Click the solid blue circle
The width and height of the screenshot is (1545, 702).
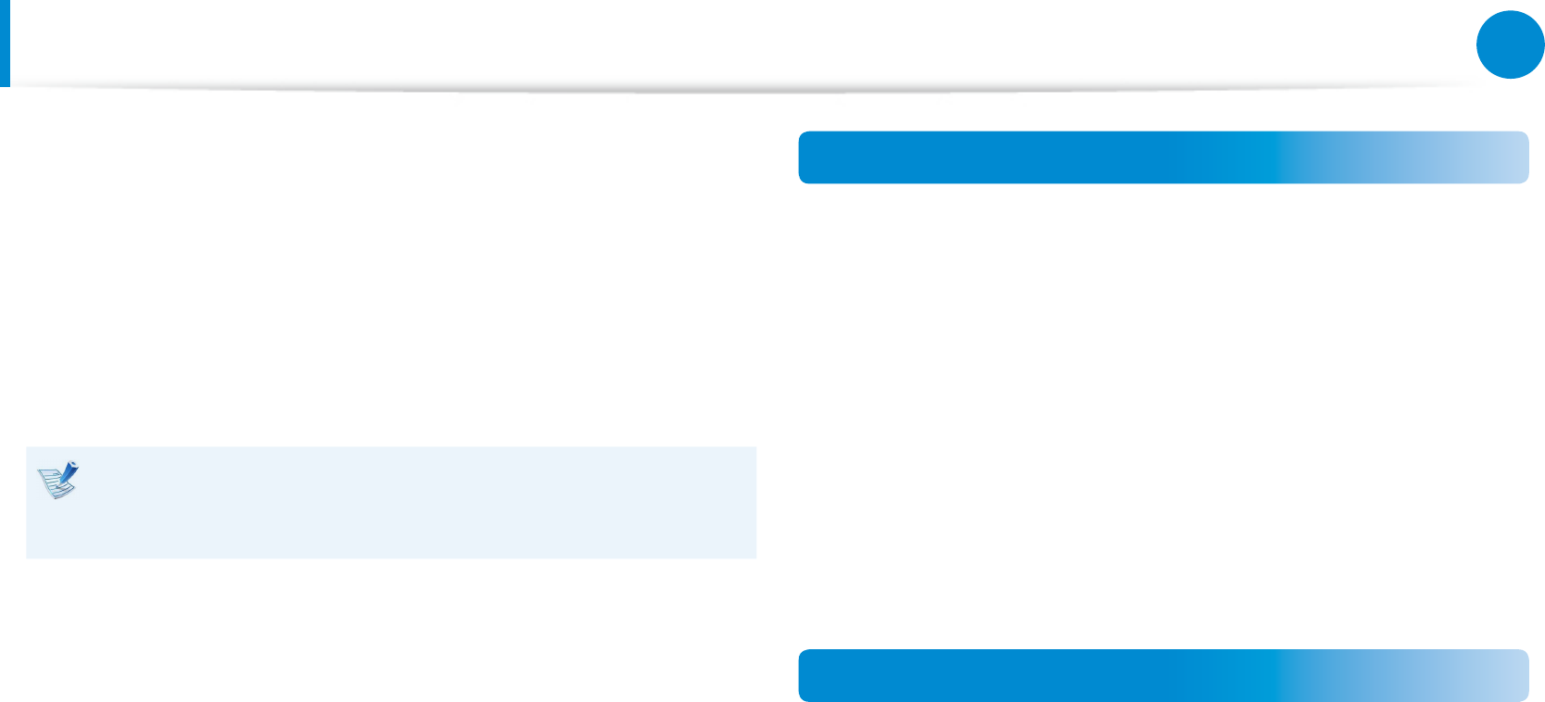pyautogui.click(x=1510, y=44)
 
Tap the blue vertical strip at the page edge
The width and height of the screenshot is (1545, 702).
pyautogui.click(x=5, y=43)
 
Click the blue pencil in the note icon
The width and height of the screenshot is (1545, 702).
pyautogui.click(x=67, y=473)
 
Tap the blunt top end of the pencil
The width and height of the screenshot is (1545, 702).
pyautogui.click(x=74, y=464)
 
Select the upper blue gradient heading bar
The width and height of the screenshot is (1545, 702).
pyautogui.click(x=1163, y=157)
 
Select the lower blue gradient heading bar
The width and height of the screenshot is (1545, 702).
pyautogui.click(x=1163, y=675)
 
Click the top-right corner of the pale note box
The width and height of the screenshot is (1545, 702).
pyautogui.click(x=754, y=449)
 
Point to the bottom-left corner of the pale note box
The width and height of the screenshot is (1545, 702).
pyautogui.click(x=28, y=557)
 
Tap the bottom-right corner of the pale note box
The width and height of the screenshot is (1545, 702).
pyautogui.click(x=754, y=557)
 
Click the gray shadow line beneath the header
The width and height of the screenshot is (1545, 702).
pyautogui.click(x=741, y=90)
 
